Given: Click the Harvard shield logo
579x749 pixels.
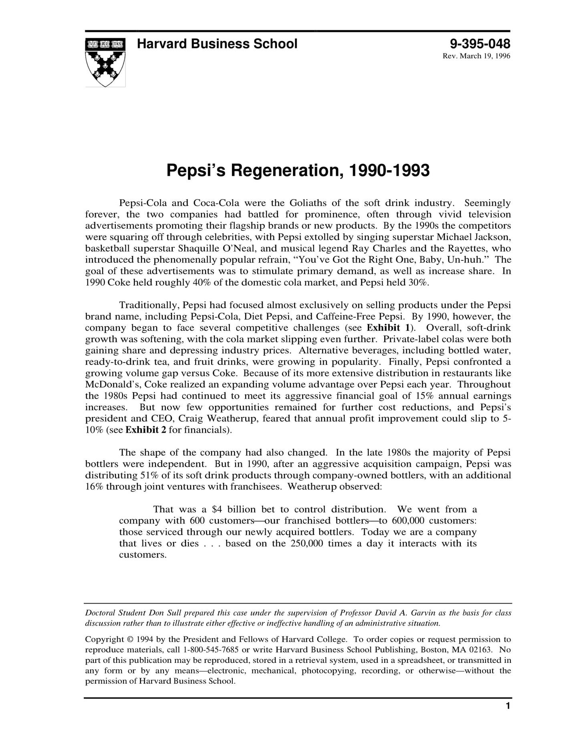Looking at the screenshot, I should click(x=105, y=62).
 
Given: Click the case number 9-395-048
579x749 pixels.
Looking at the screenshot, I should click(x=480, y=44).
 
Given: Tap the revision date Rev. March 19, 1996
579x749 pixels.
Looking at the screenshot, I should click(x=476, y=56).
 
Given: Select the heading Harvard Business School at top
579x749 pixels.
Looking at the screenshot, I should click(x=217, y=44).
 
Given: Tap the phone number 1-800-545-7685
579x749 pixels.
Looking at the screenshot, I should click(x=211, y=650).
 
